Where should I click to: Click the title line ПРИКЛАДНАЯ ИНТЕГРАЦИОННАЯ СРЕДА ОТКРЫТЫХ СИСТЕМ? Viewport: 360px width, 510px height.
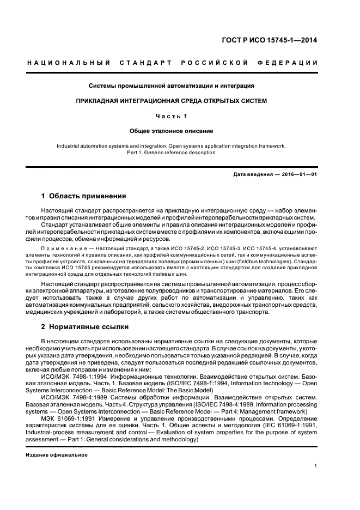pos(172,101)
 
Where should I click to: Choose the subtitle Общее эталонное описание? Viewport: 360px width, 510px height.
pos(172,131)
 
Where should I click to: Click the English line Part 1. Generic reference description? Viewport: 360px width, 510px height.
pos(172,153)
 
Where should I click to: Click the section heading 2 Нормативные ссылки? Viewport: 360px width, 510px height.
pos(85,327)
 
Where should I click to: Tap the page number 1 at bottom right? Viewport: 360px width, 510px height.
pos(316,466)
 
